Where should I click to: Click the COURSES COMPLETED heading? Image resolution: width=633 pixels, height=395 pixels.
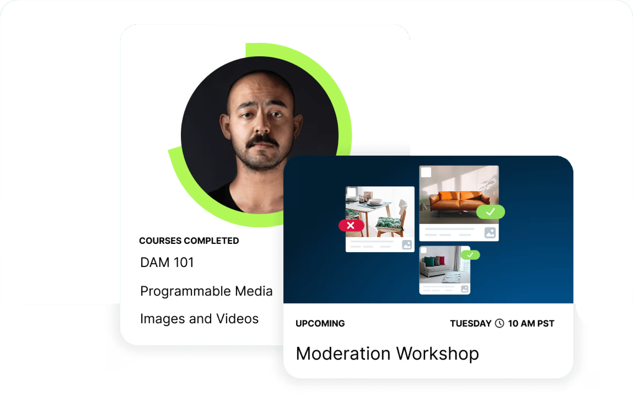pyautogui.click(x=189, y=241)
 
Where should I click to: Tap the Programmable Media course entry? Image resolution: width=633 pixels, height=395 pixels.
pyautogui.click(x=206, y=291)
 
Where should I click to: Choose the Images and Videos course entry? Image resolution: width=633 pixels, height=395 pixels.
pyautogui.click(x=199, y=319)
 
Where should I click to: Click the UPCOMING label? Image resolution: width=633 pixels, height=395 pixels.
pyautogui.click(x=320, y=323)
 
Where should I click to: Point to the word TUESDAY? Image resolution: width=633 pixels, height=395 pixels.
pyautogui.click(x=471, y=323)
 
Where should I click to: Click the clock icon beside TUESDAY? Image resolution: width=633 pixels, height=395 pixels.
pyautogui.click(x=499, y=323)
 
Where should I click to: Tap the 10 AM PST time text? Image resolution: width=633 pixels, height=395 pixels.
pyautogui.click(x=531, y=323)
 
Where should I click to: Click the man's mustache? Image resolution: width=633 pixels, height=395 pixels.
pyautogui.click(x=262, y=141)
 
